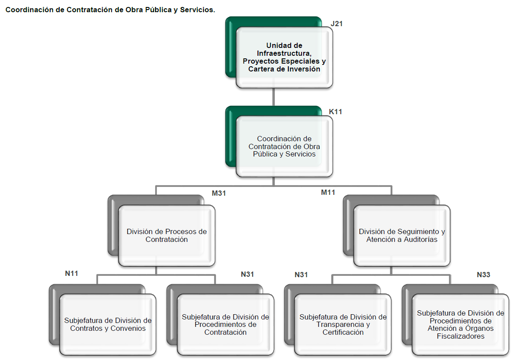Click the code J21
pyautogui.click(x=336, y=24)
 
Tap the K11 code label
pyautogui.click(x=335, y=112)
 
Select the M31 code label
pyautogui.click(x=219, y=193)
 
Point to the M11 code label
pyautogui.click(x=328, y=192)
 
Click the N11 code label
pyautogui.click(x=71, y=274)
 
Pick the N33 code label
pyautogui.click(x=483, y=275)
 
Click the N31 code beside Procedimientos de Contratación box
pyautogui.click(x=247, y=275)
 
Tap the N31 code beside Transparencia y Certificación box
pyautogui.click(x=301, y=275)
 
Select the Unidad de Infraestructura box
pyautogui.click(x=285, y=58)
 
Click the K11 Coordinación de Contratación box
pyautogui.click(x=284, y=146)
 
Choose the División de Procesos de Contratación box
pyautogui.click(x=166, y=235)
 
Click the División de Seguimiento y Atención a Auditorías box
pyautogui.click(x=402, y=235)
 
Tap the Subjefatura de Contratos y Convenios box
pyautogui.click(x=108, y=324)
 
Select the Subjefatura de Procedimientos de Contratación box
pyautogui.click(x=225, y=324)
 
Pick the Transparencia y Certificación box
pyautogui.click(x=343, y=324)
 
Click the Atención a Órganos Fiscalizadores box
pyautogui.click(x=460, y=324)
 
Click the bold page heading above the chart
pyautogui.click(x=110, y=9)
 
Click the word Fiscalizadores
pyautogui.click(x=460, y=336)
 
